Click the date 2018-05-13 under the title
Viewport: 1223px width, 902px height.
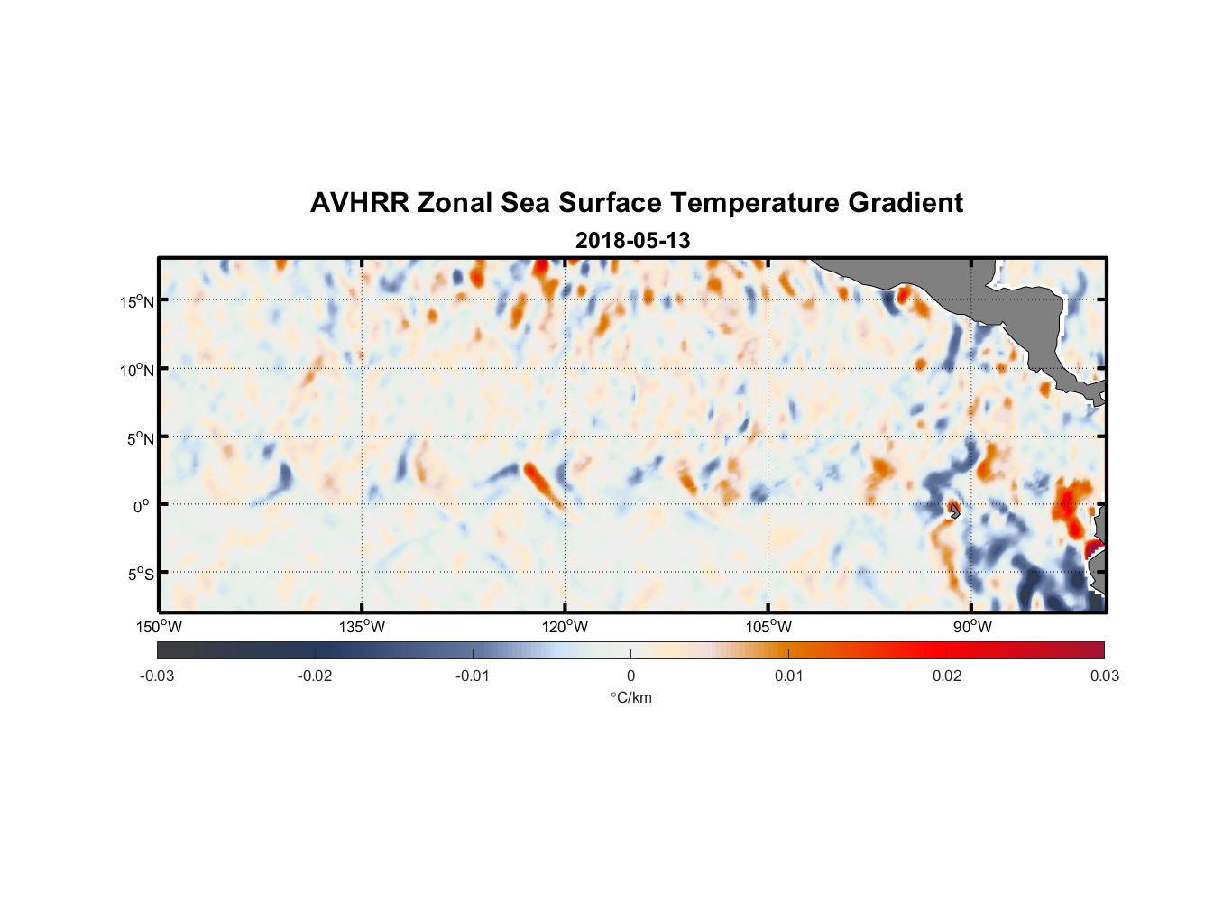point(632,241)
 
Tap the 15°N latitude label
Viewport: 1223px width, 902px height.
point(137,301)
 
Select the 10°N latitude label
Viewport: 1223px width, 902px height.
point(137,370)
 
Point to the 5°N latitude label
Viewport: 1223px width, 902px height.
point(140,438)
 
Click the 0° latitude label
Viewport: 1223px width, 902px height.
point(142,506)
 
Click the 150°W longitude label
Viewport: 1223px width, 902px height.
point(160,627)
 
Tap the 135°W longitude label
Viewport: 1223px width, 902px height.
point(363,627)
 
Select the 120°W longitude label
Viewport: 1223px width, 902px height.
point(566,627)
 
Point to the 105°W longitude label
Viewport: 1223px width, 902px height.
point(768,627)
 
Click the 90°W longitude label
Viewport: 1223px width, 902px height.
point(972,627)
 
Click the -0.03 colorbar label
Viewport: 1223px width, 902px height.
point(157,676)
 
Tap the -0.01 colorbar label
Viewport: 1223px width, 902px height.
point(473,676)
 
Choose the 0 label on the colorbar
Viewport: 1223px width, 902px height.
point(630,676)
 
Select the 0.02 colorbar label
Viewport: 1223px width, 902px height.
point(947,676)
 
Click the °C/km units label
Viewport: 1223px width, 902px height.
point(631,697)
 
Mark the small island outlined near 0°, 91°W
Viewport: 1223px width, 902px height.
point(954,511)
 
